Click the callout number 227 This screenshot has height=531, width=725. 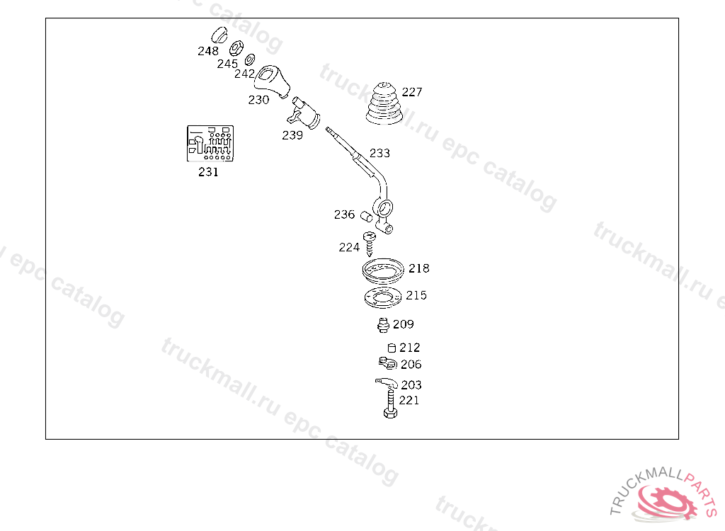pyautogui.click(x=412, y=92)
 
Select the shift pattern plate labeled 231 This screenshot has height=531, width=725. pyautogui.click(x=210, y=144)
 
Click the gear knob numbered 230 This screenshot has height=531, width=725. pyautogui.click(x=275, y=80)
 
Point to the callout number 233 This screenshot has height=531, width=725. pyautogui.click(x=379, y=153)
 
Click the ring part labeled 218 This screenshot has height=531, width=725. pyautogui.click(x=382, y=270)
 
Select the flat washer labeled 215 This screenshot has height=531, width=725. pyautogui.click(x=381, y=297)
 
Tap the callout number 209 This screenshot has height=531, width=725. pyautogui.click(x=404, y=324)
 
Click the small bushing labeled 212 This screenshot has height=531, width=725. pyautogui.click(x=390, y=348)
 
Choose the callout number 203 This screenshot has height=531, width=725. pyautogui.click(x=411, y=385)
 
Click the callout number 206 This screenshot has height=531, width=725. pyautogui.click(x=411, y=365)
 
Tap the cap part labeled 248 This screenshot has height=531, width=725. pyautogui.click(x=219, y=35)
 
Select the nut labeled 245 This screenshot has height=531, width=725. pyautogui.click(x=236, y=48)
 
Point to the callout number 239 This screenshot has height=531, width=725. pyautogui.click(x=292, y=135)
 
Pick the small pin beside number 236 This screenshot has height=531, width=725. pyautogui.click(x=366, y=215)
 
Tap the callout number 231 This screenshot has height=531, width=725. pyautogui.click(x=208, y=172)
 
